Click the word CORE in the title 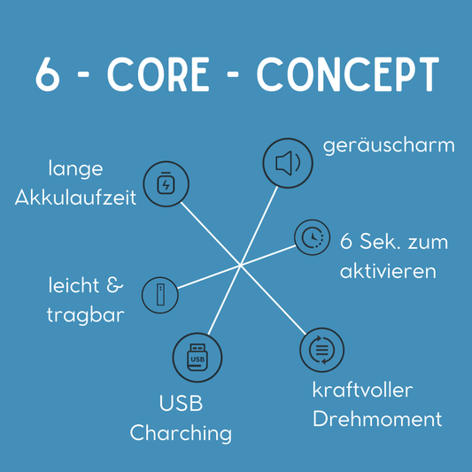point(159,74)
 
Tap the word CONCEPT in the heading point(348,74)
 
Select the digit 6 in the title point(48,74)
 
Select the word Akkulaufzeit point(75,198)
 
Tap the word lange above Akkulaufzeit point(76,169)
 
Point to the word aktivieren point(388,271)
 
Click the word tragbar point(86,316)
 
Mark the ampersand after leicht point(115,285)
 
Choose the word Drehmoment point(377,418)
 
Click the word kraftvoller point(363,390)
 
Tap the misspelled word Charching point(181,434)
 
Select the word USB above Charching point(181,403)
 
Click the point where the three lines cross point(241,265)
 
